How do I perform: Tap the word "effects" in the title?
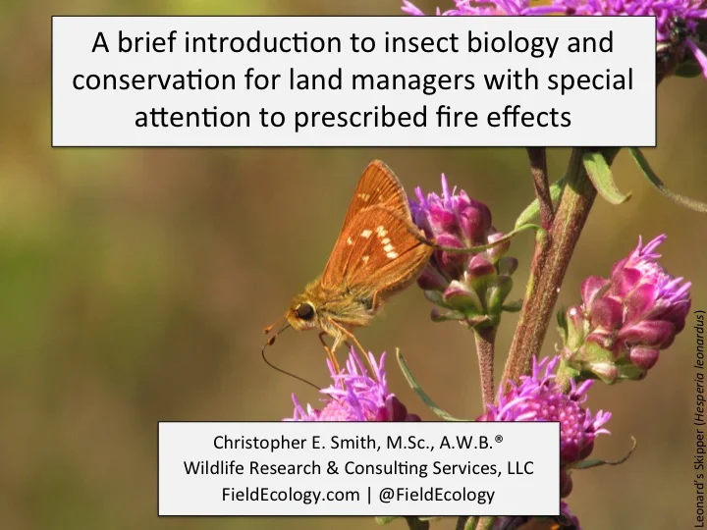(x=531, y=118)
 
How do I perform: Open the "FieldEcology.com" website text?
(x=291, y=495)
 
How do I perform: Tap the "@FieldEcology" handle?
(x=435, y=495)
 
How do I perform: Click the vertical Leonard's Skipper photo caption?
(x=696, y=412)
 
